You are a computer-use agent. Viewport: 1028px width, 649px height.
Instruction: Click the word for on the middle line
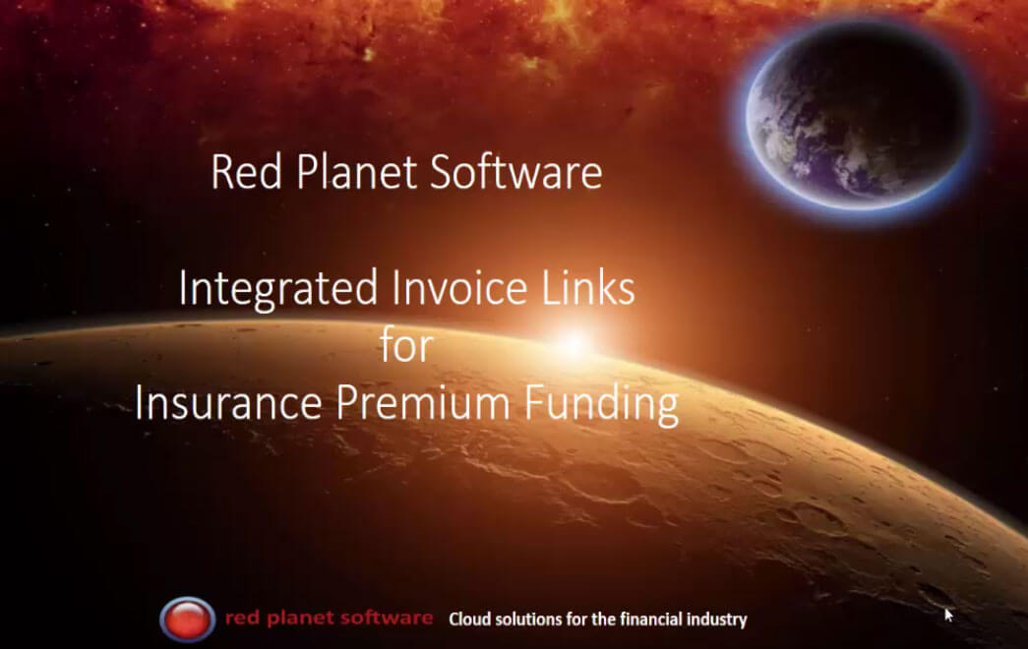coord(406,346)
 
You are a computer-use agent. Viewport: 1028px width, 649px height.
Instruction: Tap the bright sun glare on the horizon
coord(573,341)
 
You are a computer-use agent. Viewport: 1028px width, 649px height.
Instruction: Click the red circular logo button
coord(187,619)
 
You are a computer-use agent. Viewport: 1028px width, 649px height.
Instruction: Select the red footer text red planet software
coord(329,619)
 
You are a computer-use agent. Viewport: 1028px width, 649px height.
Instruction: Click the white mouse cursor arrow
coord(949,615)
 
